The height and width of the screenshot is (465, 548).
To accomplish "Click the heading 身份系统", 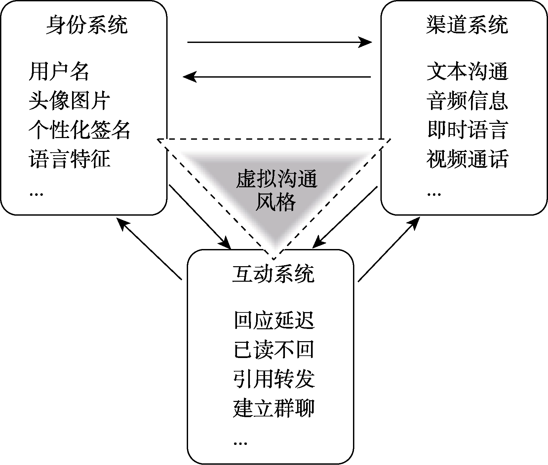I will point(87,25).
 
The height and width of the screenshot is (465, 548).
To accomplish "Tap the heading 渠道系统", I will point(467,25).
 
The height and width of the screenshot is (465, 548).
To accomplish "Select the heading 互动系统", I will point(273,274).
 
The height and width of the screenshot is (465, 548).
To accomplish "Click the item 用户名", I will point(59,71).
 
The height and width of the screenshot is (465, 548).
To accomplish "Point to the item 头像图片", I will point(69,100).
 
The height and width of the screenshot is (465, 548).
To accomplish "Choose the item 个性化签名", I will point(80,129).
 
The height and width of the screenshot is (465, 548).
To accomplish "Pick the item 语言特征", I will point(69,159).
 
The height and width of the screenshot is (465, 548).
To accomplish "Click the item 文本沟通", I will point(467,71).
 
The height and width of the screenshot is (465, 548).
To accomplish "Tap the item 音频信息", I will point(467,100).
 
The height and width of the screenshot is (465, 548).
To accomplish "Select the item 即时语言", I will point(467,129).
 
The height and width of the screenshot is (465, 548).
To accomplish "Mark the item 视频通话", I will point(467,159).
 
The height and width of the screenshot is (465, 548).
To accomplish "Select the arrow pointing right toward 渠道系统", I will point(279,42).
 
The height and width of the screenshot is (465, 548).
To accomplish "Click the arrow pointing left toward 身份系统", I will point(277,77).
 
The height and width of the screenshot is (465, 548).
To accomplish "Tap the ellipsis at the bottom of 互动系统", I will point(240,443).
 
